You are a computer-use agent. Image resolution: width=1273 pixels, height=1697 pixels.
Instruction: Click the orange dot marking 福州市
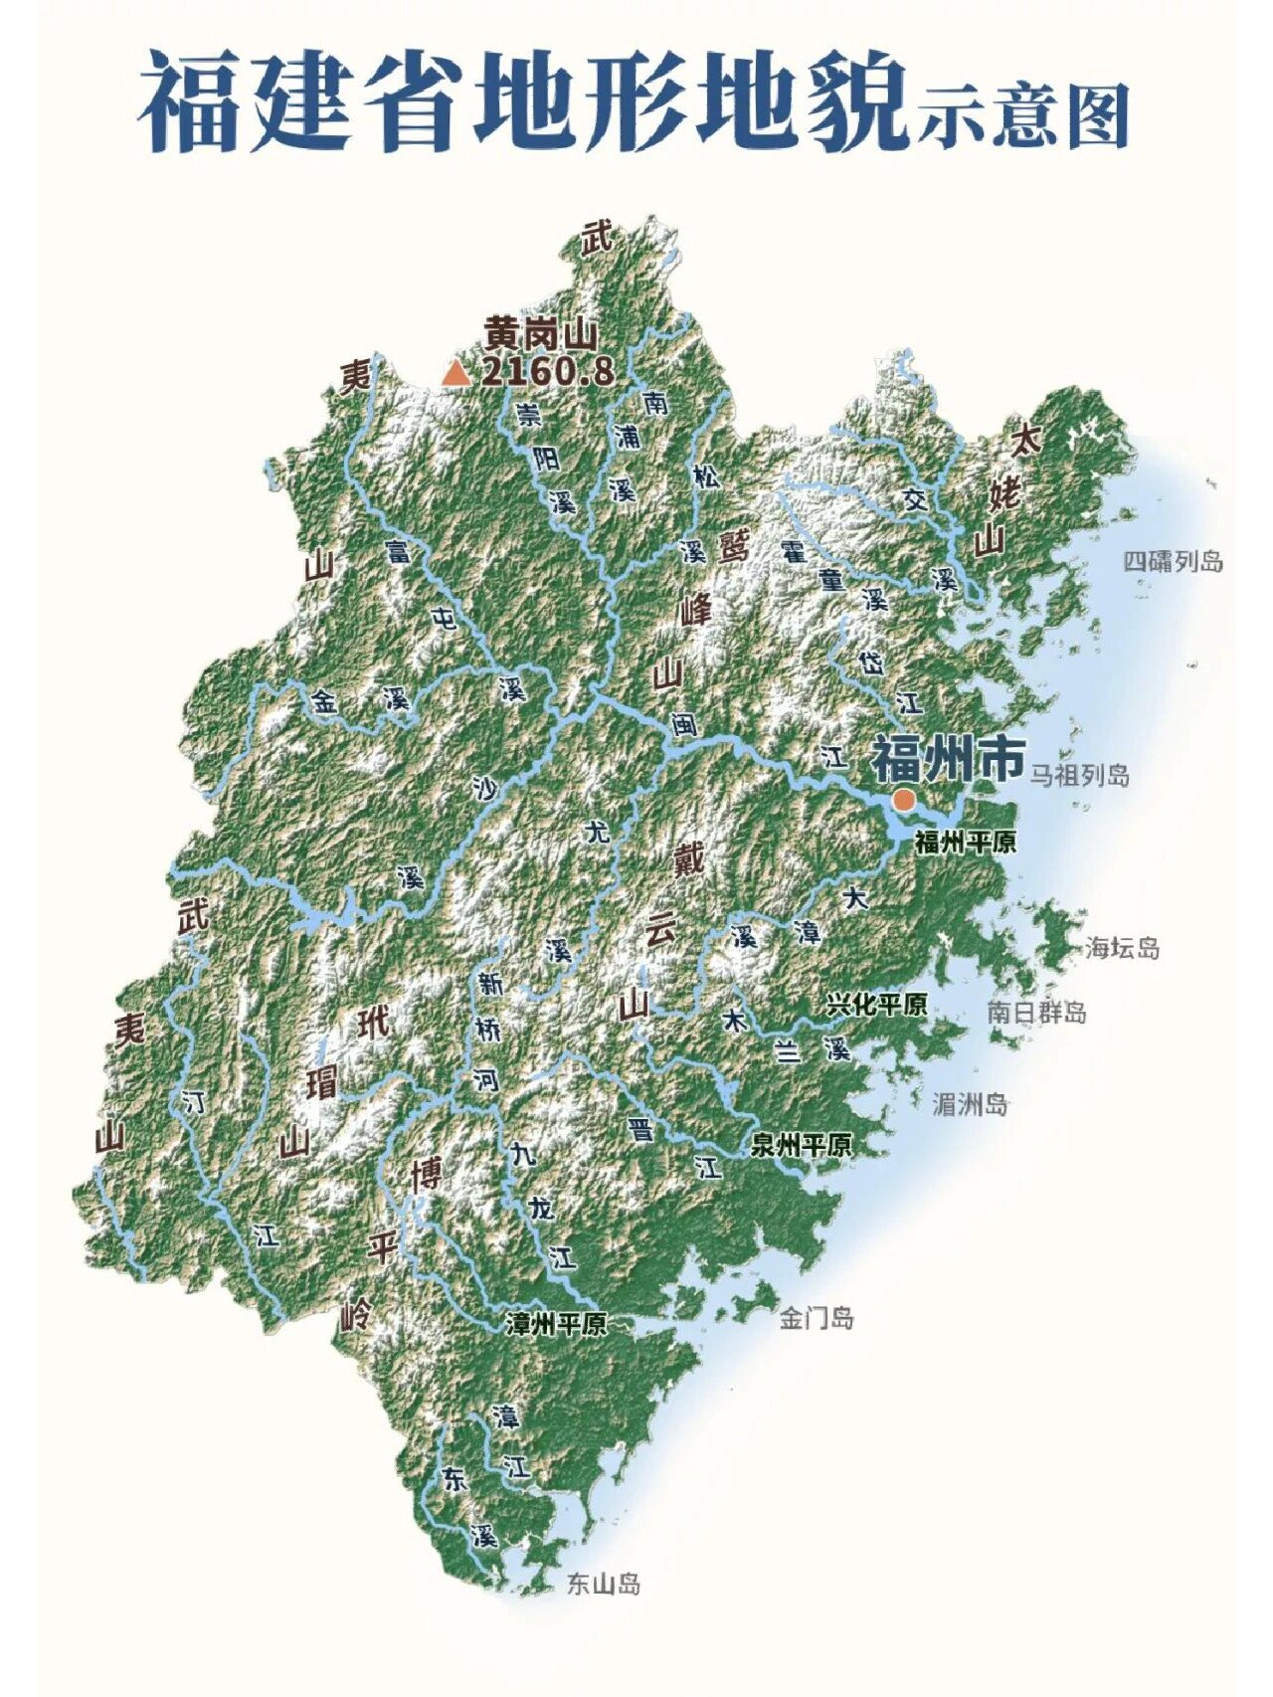[x=903, y=799]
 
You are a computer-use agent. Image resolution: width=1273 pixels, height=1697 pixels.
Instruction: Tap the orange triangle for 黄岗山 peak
[x=456, y=373]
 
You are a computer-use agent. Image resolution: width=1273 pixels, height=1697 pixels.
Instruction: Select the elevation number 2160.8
[x=547, y=372]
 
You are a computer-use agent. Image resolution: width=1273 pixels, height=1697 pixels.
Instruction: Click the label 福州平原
[x=965, y=843]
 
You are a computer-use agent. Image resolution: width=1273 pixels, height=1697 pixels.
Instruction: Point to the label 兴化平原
[x=876, y=1005]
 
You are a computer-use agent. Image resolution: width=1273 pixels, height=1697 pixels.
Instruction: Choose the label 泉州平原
[x=801, y=1145]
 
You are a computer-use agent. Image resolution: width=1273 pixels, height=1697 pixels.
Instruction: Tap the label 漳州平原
[x=556, y=1324]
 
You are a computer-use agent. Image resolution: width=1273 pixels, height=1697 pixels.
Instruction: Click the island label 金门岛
[x=816, y=1319]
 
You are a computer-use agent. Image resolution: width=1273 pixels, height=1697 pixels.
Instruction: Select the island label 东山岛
[x=603, y=1584]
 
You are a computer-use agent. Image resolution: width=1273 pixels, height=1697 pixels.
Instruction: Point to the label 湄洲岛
[x=970, y=1104]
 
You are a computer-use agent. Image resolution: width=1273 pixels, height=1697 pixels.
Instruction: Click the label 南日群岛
[x=1036, y=1013]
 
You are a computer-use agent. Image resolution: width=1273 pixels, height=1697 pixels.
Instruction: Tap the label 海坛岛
[x=1122, y=948]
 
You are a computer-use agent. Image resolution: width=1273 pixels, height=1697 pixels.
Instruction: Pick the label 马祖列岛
[x=1079, y=775]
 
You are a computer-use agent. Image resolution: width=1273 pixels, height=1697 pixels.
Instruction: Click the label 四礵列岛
[x=1173, y=562]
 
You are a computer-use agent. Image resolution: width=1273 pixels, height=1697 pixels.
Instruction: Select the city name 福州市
[x=948, y=761]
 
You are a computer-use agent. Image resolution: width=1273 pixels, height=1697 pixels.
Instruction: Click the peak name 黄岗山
[x=540, y=331]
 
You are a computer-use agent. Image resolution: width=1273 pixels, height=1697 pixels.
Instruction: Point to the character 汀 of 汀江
[x=194, y=1101]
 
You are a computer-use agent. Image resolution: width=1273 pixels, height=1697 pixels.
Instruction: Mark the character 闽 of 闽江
[x=683, y=724]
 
